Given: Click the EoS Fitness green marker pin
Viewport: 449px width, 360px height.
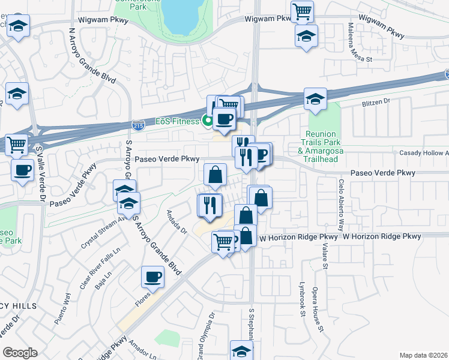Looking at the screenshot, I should (x=208, y=122).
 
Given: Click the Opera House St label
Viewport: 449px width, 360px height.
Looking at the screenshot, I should (x=318, y=309).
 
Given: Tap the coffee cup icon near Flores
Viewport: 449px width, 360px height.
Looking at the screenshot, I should (x=152, y=277).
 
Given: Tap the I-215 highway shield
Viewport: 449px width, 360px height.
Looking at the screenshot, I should (x=137, y=124).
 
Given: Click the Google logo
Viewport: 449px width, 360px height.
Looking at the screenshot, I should (x=20, y=353).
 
